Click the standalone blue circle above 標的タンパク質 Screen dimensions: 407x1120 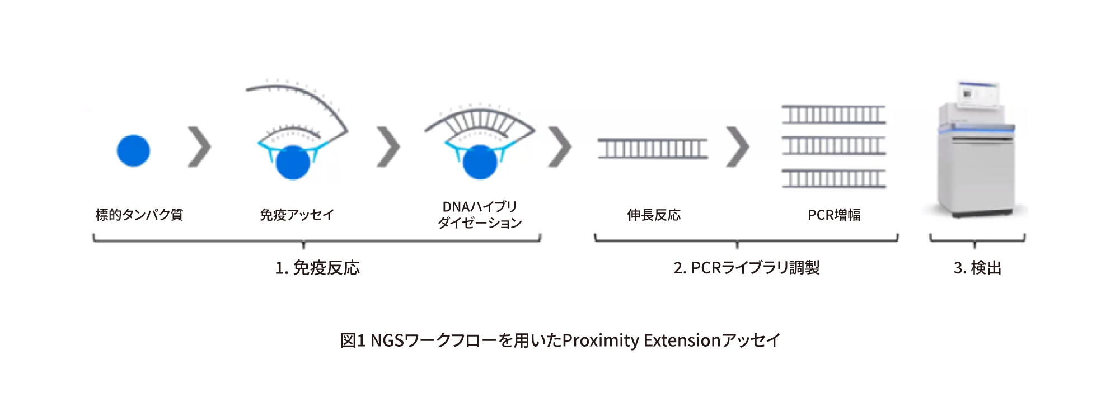pos(133,150)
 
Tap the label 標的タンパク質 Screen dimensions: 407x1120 pos(139,215)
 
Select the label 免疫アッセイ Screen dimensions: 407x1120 pos(297,215)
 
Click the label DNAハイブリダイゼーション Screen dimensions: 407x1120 pos(480,215)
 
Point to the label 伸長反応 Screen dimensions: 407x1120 pos(654,215)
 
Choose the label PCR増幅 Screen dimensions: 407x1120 pos(834,215)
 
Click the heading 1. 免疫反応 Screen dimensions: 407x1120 pos(317,268)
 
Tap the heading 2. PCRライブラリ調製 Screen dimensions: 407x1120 pos(747,268)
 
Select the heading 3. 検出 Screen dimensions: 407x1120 pos(977,268)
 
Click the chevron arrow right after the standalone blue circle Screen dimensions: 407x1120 pos(199,147)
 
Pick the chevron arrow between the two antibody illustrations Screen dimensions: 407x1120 pos(388,147)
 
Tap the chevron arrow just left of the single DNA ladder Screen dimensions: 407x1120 pos(560,147)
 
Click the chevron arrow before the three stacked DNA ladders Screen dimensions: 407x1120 pos(738,147)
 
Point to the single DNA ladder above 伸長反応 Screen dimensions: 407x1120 pos(653,149)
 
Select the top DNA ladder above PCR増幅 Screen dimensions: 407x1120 pos(834,115)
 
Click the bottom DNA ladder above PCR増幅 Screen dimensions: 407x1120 pos(834,179)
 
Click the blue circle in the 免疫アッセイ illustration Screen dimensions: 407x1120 pos(293,163)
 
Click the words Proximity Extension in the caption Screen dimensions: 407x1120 pos(641,340)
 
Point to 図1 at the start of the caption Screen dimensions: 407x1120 pos(353,340)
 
